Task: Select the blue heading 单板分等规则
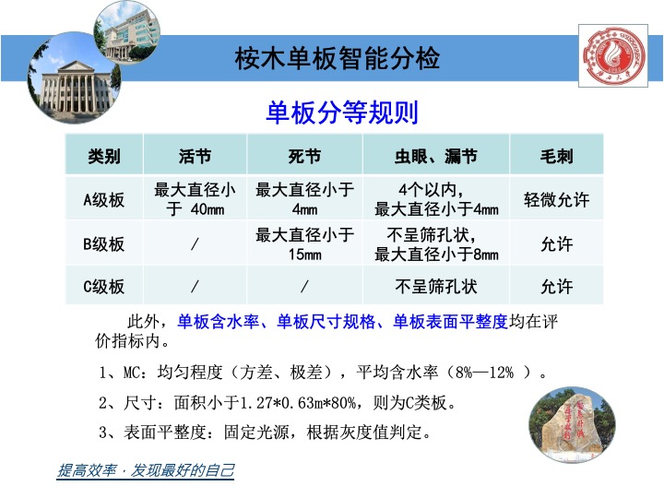coord(342,113)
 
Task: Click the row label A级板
coord(103,199)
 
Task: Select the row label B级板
coord(103,244)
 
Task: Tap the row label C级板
coord(103,287)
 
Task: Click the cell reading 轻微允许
coord(556,199)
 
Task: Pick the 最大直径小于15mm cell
coord(304,244)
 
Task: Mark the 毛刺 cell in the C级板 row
coord(556,287)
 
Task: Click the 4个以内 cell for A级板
coord(436,199)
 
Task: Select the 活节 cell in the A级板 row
coord(195,199)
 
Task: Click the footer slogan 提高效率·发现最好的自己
coord(146,471)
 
